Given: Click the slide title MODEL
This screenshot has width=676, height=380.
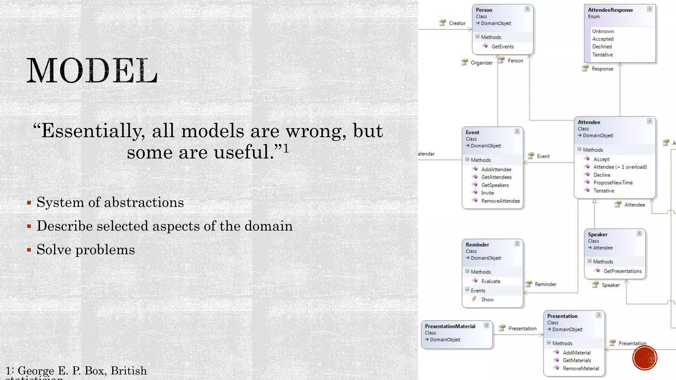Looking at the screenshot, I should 92,71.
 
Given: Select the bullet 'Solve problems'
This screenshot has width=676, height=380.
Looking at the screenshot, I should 85,250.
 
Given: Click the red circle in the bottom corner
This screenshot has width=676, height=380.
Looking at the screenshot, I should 644,358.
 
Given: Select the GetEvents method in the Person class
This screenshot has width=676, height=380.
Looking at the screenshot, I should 502,47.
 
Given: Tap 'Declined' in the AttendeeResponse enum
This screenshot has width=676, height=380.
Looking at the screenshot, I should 602,47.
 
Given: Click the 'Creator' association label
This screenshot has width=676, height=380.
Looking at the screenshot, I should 457,23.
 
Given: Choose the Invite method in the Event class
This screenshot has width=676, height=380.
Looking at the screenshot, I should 487,193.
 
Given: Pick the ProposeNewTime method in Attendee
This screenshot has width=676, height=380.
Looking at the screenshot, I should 613,183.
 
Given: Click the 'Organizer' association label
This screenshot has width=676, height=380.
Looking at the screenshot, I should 481,63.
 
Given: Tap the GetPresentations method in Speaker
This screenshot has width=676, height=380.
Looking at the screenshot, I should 622,271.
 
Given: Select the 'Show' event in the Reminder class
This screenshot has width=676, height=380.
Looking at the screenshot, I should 487,300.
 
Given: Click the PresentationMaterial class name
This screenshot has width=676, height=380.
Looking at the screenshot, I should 450,326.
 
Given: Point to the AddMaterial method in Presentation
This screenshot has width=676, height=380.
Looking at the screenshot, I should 576,353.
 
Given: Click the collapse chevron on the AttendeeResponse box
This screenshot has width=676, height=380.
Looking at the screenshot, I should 649,9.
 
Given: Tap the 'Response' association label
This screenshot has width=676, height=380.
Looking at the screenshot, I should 602,69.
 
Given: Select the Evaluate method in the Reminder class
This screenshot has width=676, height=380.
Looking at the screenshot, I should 490,281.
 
